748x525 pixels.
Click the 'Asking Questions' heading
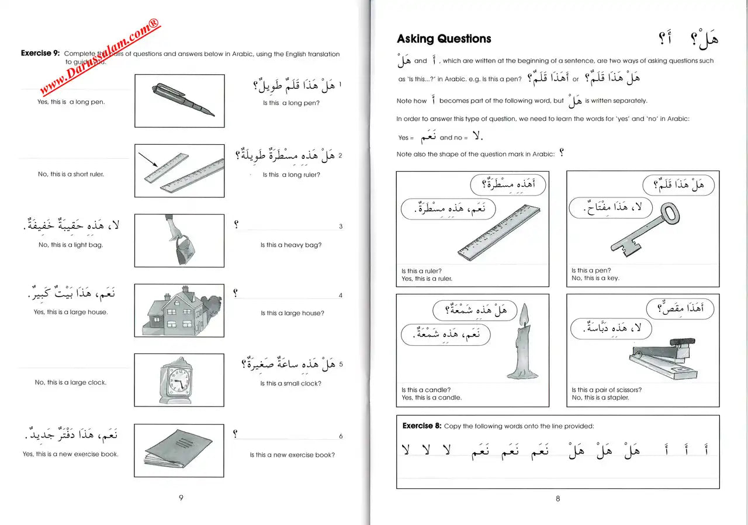click(x=444, y=39)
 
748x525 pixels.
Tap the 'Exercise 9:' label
click(x=40, y=53)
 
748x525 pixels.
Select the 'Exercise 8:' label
click(x=421, y=426)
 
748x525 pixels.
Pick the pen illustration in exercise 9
click(x=182, y=99)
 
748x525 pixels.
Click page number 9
click(x=181, y=498)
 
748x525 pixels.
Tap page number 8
click(x=557, y=498)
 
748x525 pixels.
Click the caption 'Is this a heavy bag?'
click(x=290, y=245)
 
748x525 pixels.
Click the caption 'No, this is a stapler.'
click(x=600, y=398)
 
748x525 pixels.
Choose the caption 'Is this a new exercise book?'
click(x=292, y=455)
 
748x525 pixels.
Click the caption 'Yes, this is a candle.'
click(x=431, y=398)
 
